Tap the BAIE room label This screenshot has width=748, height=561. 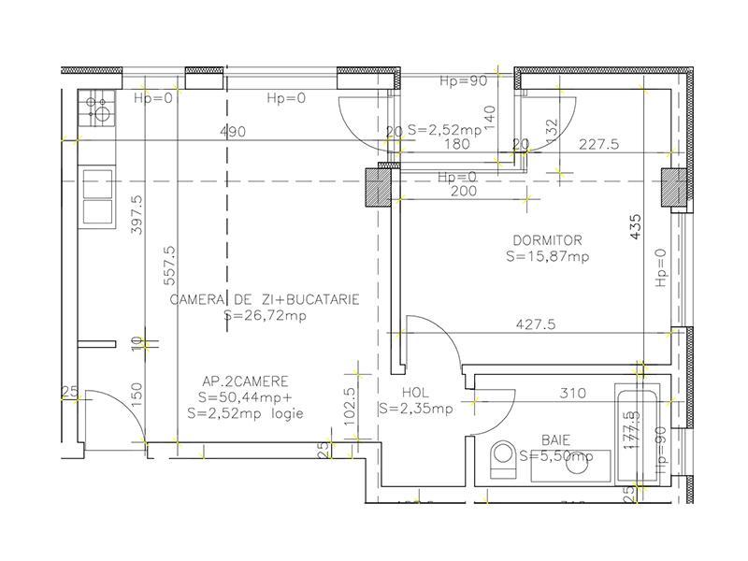click(x=555, y=439)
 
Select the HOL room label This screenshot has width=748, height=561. click(x=415, y=393)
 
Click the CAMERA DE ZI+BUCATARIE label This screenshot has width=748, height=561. click(x=265, y=300)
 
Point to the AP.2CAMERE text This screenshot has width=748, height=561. click(x=245, y=381)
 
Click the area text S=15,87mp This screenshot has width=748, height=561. click(x=548, y=255)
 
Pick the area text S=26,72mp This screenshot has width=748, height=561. click(x=266, y=316)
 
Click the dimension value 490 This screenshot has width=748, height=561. click(x=234, y=132)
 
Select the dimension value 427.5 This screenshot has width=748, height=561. click(x=537, y=325)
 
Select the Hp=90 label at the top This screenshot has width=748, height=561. click(x=464, y=81)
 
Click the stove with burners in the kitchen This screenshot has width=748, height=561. click(x=96, y=109)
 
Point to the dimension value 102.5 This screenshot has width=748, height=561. click(x=350, y=407)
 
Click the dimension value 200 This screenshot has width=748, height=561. click(x=464, y=191)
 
